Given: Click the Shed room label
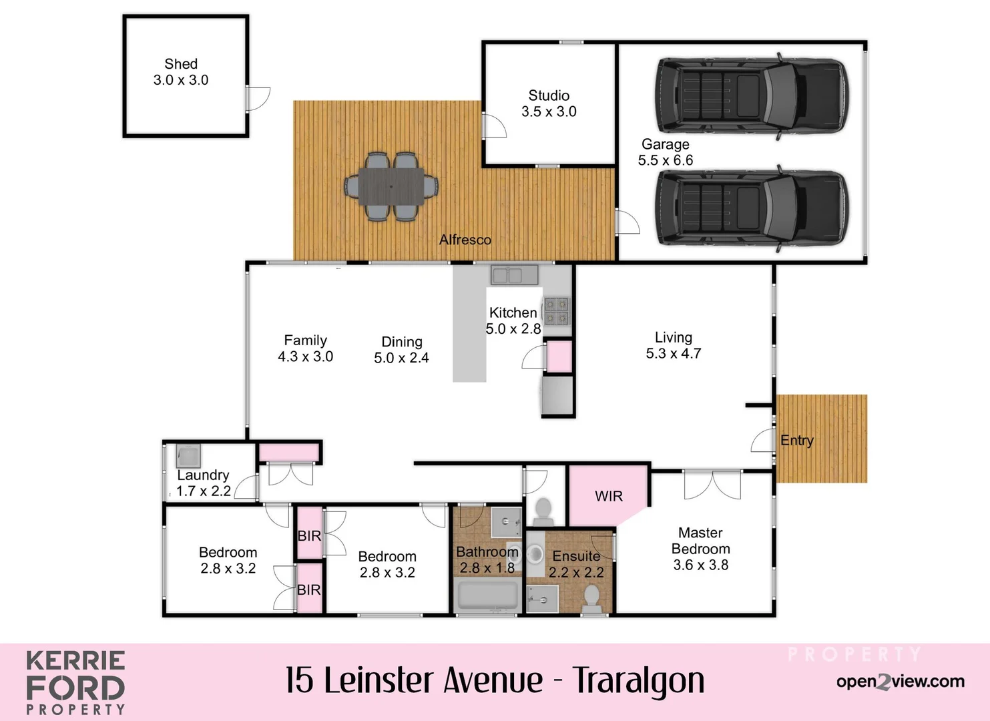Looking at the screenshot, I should point(181,64).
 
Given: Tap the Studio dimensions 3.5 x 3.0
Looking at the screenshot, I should point(549,111).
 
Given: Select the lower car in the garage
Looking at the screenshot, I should point(752,208).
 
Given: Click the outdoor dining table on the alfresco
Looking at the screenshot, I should point(391,186).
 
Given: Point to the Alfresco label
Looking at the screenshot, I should point(465,240).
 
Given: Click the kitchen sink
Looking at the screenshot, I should point(514,275).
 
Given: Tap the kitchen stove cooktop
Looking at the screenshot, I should point(556,310).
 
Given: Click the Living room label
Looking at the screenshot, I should point(673,338).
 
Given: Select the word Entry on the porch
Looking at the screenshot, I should point(797,441).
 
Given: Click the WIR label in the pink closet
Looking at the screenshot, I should point(608,497).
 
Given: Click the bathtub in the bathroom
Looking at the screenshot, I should point(487,595).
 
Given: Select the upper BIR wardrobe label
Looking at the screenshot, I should point(309,535).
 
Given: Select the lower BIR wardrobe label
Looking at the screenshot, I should point(309,589).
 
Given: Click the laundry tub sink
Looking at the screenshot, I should point(188,456).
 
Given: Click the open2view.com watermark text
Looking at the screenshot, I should point(900,682).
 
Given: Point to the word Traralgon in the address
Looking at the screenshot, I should point(639,681).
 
